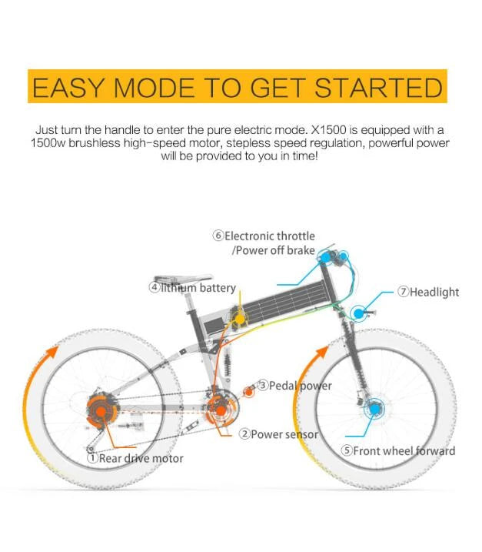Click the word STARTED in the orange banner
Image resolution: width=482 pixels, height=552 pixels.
coord(378,88)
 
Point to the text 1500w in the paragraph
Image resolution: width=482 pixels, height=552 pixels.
coord(48,143)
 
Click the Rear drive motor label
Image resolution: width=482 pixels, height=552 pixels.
coord(135,458)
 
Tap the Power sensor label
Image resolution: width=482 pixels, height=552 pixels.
coord(278,434)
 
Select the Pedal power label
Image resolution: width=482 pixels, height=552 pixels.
coord(294,386)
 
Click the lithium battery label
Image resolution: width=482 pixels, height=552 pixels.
coord(192,288)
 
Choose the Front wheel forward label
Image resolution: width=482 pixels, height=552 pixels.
coord(398,450)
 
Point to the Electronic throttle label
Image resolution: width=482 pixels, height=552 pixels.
coord(264,236)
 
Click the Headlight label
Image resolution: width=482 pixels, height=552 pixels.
coord(428,292)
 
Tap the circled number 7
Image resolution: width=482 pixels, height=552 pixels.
coord(404,292)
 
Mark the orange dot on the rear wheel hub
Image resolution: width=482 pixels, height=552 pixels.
coord(101,411)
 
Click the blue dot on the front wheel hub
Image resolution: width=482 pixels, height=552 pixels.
coord(374,409)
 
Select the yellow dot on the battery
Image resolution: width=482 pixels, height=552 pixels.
coord(239,319)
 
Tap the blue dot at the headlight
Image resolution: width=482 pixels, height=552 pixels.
coord(358,313)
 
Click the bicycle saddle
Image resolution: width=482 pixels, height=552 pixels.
coord(183,278)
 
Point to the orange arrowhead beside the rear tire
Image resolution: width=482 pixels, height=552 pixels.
coord(53,352)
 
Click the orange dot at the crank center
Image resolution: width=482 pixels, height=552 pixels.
coord(221,410)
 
